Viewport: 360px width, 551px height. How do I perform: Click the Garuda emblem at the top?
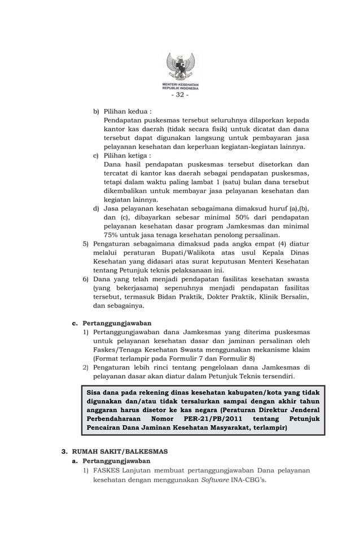point(180,67)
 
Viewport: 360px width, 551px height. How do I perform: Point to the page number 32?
point(180,95)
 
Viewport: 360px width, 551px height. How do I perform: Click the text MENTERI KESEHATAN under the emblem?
point(180,85)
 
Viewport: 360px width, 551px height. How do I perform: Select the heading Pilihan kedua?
point(127,112)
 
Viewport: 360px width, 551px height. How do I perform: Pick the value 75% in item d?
point(113,235)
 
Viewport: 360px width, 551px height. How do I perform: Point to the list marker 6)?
point(86,279)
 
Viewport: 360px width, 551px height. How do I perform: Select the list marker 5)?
point(86,244)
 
